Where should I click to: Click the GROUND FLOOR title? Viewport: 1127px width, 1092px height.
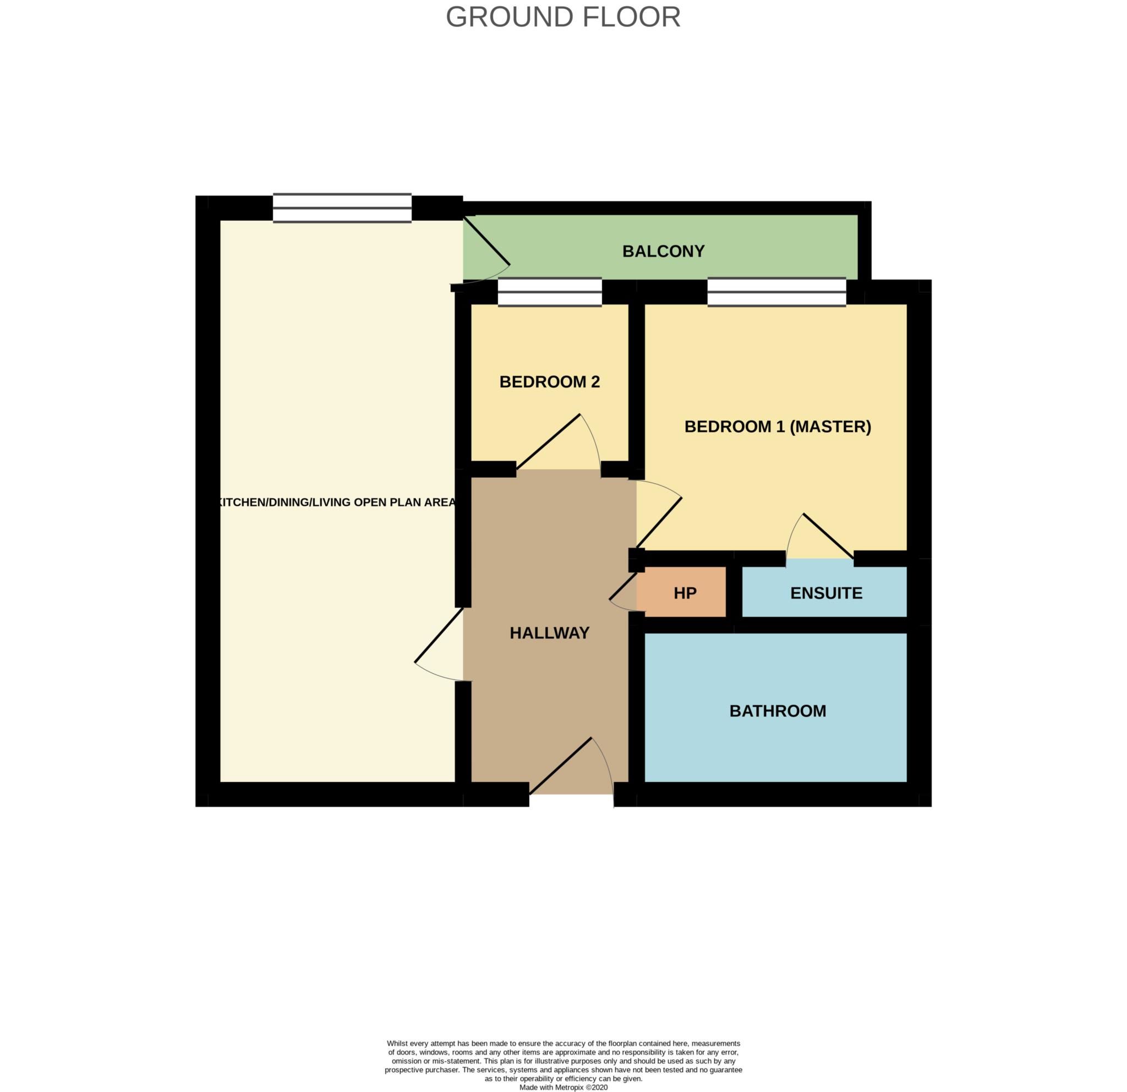coord(563,17)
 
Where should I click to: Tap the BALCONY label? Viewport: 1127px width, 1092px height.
coord(664,252)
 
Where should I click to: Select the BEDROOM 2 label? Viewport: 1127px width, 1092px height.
coord(550,382)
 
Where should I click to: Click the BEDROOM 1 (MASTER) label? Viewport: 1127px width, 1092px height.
coord(778,427)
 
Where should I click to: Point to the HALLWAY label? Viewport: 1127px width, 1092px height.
coord(550,633)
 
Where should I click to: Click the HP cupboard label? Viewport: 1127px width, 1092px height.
coord(685,593)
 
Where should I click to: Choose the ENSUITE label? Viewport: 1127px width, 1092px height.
coord(827,593)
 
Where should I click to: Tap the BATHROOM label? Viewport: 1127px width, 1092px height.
coord(778,711)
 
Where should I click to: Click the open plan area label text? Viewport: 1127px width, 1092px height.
coord(336,502)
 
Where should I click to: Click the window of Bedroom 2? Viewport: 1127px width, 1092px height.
coord(550,292)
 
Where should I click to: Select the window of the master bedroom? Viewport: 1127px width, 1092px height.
coord(776,292)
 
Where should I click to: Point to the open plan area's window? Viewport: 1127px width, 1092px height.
coord(342,208)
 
